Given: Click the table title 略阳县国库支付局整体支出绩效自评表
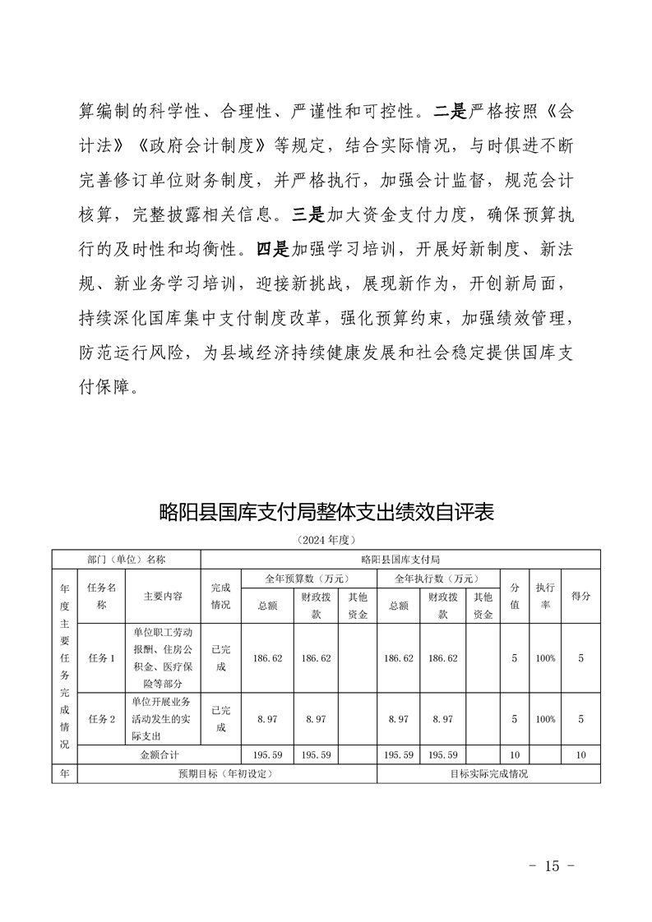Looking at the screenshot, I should point(326,513).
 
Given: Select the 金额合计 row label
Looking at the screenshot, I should point(159,754).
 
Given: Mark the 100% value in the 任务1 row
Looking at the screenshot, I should point(544,657).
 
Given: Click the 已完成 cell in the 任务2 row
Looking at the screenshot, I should point(220,718).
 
